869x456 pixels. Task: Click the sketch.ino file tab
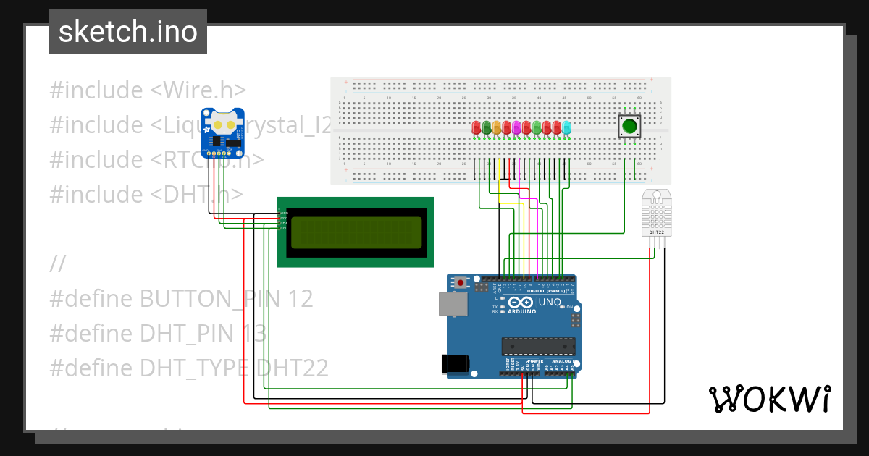pyautogui.click(x=128, y=32)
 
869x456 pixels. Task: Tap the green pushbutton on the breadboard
pyautogui.click(x=629, y=127)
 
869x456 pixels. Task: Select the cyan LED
pyautogui.click(x=566, y=127)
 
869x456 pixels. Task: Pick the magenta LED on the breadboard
pyautogui.click(x=516, y=127)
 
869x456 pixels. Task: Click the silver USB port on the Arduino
pyautogui.click(x=452, y=305)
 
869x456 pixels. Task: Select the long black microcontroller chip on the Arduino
pyautogui.click(x=539, y=347)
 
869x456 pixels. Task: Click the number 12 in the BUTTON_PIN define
pyautogui.click(x=301, y=298)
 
